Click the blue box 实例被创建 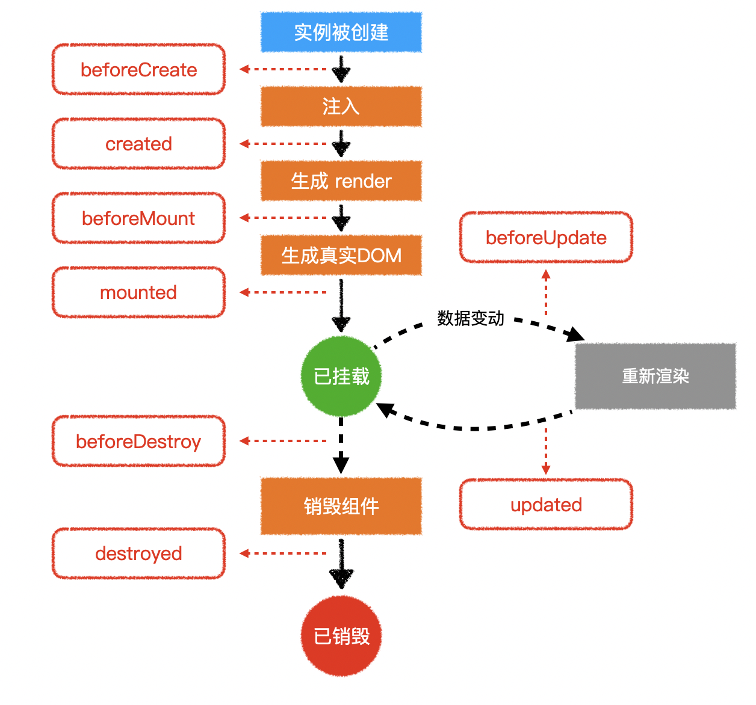click(x=341, y=32)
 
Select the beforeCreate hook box click(x=139, y=70)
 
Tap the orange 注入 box click(x=341, y=106)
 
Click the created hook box click(x=139, y=144)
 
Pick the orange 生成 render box click(x=341, y=180)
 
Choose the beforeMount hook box click(x=139, y=218)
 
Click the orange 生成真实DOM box click(x=341, y=255)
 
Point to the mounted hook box click(x=139, y=292)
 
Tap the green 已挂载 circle click(x=341, y=377)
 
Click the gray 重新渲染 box click(x=655, y=377)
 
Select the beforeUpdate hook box click(x=546, y=238)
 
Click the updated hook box click(x=546, y=505)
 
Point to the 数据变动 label click(x=471, y=318)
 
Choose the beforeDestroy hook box click(x=139, y=442)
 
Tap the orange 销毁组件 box click(x=341, y=506)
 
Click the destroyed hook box click(x=139, y=553)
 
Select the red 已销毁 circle click(x=341, y=636)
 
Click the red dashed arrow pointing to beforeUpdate click(x=546, y=293)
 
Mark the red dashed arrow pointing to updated click(x=546, y=451)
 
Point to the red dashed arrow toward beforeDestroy click(x=283, y=441)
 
